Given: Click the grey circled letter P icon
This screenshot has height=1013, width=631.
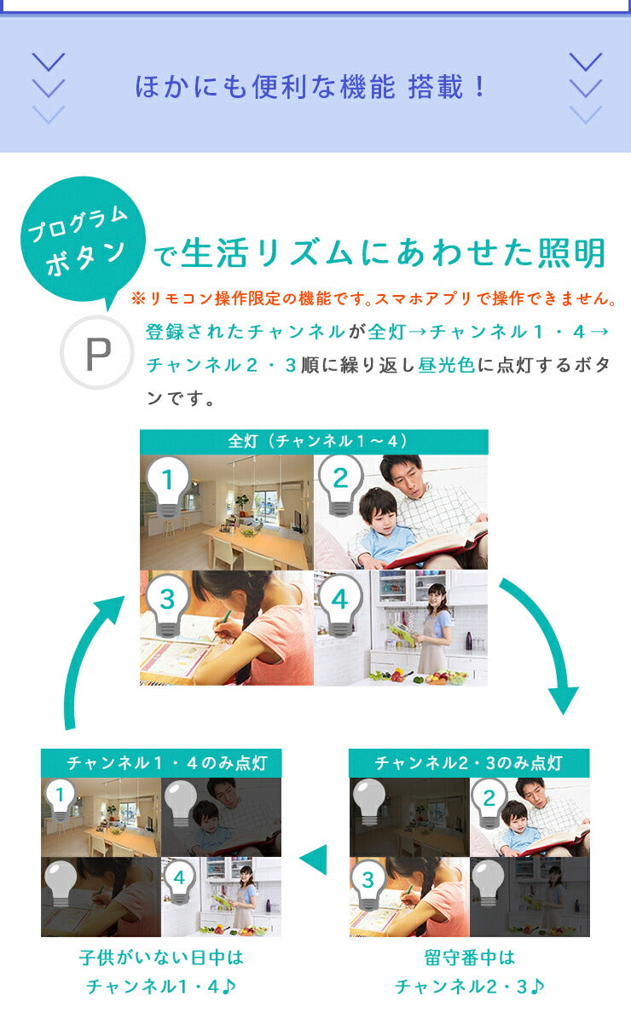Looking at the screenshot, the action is click(x=97, y=353).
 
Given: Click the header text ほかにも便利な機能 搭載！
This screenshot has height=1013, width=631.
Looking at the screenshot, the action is click(x=310, y=87).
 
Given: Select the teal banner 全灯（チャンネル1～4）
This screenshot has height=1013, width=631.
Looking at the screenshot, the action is click(x=314, y=441).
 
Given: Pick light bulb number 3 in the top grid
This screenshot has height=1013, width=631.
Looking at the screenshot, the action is click(x=167, y=606).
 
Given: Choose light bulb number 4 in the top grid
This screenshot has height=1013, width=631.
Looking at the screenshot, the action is click(x=340, y=606).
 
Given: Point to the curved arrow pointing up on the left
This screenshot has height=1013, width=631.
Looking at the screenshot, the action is click(x=83, y=659).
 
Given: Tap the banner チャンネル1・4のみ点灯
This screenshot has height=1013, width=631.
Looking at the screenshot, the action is click(x=161, y=763).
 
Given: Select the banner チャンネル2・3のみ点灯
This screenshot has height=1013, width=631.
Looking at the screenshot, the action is click(x=469, y=763).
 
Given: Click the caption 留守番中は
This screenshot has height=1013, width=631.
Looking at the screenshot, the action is click(x=470, y=958).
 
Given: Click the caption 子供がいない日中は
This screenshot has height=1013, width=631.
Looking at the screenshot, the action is click(x=161, y=958).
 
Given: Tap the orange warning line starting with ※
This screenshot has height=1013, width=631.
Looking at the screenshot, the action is click(x=373, y=298).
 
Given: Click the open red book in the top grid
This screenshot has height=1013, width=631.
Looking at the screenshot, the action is click(x=438, y=542).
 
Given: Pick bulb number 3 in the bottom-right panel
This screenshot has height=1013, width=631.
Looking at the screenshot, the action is click(x=368, y=885).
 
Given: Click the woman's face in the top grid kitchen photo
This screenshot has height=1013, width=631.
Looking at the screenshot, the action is click(x=437, y=593).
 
